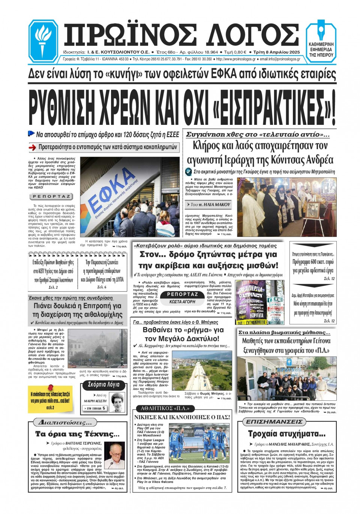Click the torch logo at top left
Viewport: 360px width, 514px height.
43,40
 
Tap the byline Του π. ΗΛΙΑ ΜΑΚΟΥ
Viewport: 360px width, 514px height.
208,205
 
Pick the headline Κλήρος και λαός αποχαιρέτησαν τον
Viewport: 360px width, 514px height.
260,146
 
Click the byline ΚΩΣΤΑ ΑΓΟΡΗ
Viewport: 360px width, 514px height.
182,301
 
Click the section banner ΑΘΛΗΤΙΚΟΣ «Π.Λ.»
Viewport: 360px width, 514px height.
165,408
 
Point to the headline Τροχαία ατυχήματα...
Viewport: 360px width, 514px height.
286,434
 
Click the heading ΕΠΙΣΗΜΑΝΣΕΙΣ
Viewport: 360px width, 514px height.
274,422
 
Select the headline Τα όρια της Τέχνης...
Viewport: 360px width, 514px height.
77,434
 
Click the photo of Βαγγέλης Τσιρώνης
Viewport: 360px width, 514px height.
114,455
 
